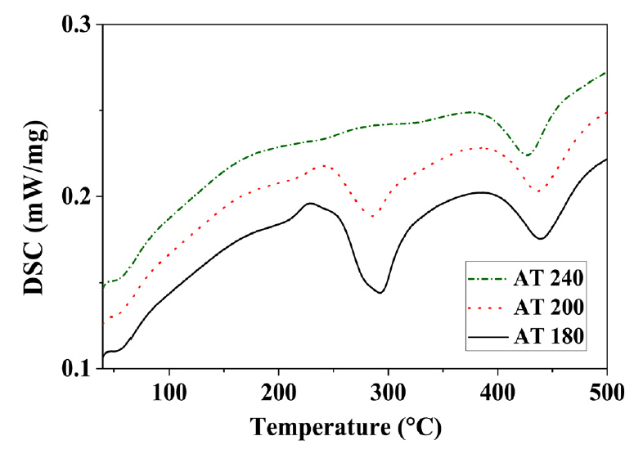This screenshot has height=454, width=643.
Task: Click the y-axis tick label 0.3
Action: click(78, 25)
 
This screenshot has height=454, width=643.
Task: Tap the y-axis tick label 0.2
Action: click(78, 197)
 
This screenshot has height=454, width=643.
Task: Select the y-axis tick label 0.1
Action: click(78, 369)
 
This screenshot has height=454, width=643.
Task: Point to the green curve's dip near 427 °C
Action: click(527, 155)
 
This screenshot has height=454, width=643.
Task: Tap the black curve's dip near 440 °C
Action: click(541, 239)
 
